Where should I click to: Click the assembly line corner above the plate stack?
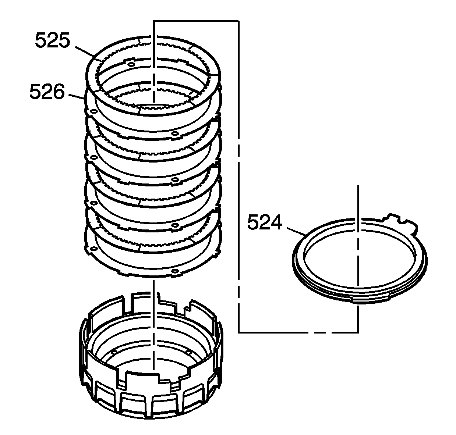tap(154, 21)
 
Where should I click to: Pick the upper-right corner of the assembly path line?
tap(239, 21)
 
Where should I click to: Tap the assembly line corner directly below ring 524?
tap(357, 332)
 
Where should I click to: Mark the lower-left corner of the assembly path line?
tap(239, 332)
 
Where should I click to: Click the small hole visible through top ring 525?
tap(132, 65)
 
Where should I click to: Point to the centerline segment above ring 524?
tap(357, 202)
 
